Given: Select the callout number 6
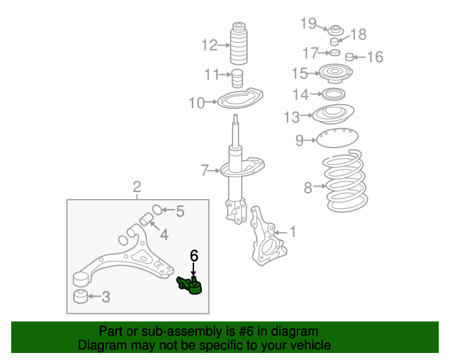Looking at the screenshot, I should point(194,255).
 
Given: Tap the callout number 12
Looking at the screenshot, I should point(210,46).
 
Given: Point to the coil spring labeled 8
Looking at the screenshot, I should point(345,185).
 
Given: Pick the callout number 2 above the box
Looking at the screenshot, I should point(137,187).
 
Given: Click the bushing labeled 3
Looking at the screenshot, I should point(81,295).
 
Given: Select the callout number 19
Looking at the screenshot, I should point(309,24).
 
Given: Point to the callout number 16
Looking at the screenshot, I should point(375,57).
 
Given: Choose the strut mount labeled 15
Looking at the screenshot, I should point(335,72).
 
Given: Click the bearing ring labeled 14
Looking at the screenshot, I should point(334,94).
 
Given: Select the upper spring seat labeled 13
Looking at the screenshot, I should point(333,115).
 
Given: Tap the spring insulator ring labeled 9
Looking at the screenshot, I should point(335,139).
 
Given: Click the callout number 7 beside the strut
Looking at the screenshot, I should point(205,170).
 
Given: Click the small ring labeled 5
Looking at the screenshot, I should point(157,209).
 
